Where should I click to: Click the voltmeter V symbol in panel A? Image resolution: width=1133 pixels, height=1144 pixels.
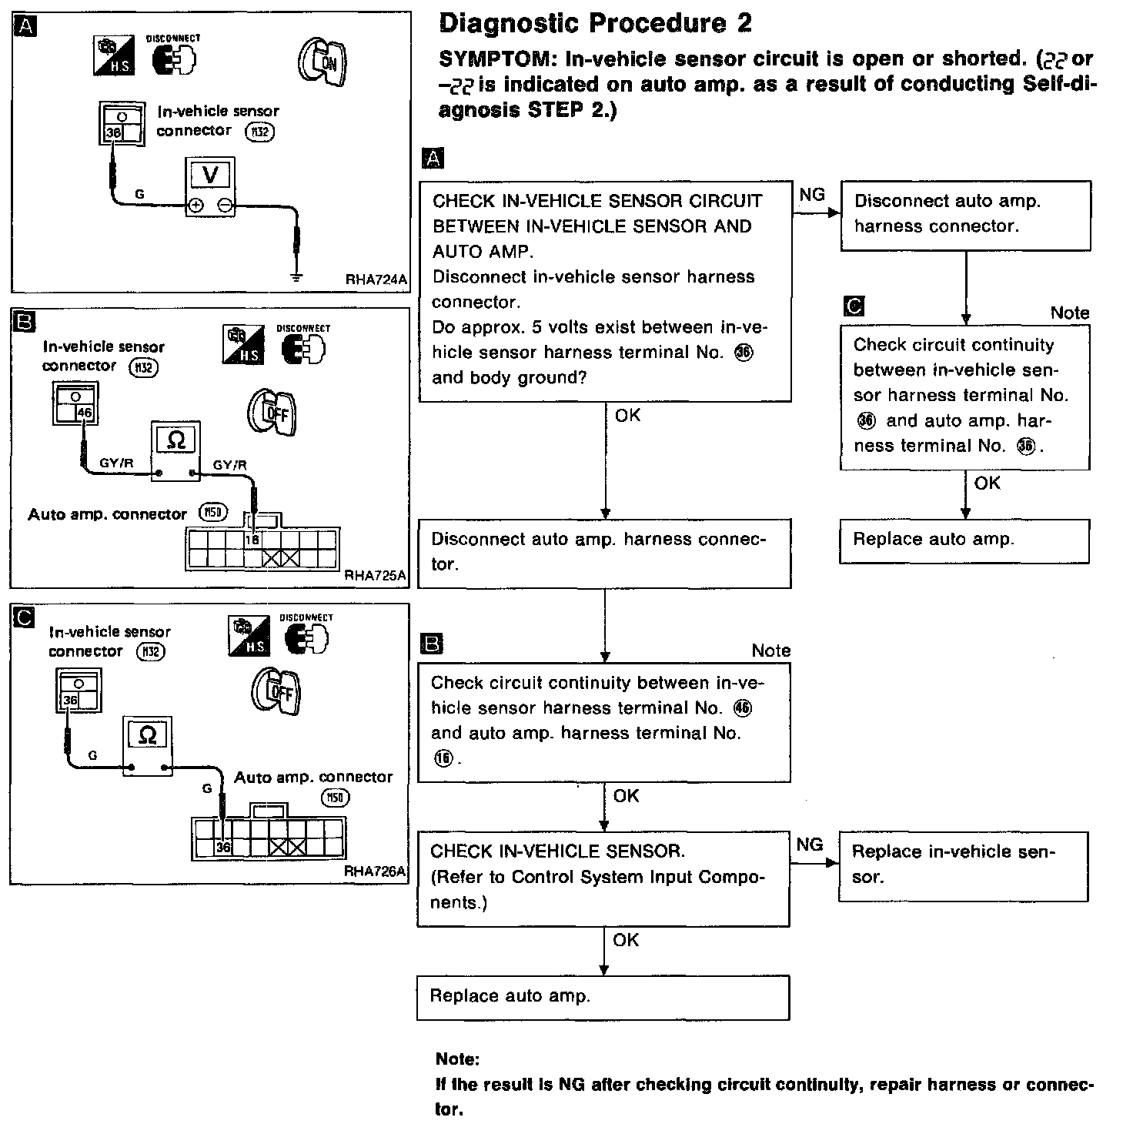(210, 176)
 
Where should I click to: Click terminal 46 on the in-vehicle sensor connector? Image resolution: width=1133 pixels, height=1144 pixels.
(85, 413)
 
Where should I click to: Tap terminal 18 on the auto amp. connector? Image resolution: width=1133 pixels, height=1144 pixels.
(252, 540)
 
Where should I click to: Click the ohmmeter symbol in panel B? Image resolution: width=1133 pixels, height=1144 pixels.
(176, 440)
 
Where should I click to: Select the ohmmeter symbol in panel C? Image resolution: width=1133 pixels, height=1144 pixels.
(147, 735)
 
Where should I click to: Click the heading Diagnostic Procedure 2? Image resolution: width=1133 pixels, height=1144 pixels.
(595, 24)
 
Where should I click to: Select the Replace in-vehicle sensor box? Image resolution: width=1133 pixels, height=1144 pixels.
(962, 865)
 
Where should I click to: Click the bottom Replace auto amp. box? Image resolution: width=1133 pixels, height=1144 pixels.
(603, 997)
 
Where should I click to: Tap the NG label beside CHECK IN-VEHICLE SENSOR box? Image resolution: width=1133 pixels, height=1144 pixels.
(809, 845)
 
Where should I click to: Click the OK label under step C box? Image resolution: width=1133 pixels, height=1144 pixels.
(987, 483)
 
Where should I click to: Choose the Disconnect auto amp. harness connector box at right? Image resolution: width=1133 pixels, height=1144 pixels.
(965, 215)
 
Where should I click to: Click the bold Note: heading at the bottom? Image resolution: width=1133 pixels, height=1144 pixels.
(457, 1059)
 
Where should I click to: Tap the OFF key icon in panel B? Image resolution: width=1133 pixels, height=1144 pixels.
(272, 412)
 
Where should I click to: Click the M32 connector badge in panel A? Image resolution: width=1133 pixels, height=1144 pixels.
(259, 132)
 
